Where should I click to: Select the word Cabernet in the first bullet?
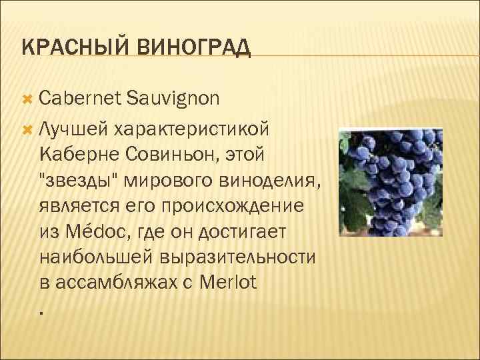pos(78,99)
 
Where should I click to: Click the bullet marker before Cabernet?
pos(27,99)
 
